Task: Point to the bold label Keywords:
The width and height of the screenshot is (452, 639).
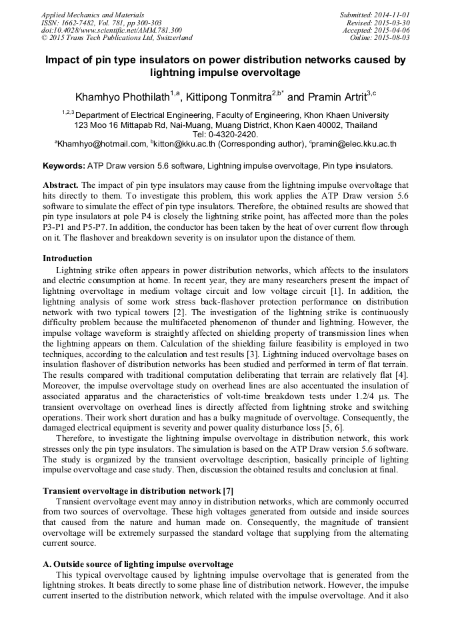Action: [x=63, y=165]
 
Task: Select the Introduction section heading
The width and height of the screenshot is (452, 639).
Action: [x=67, y=258]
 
